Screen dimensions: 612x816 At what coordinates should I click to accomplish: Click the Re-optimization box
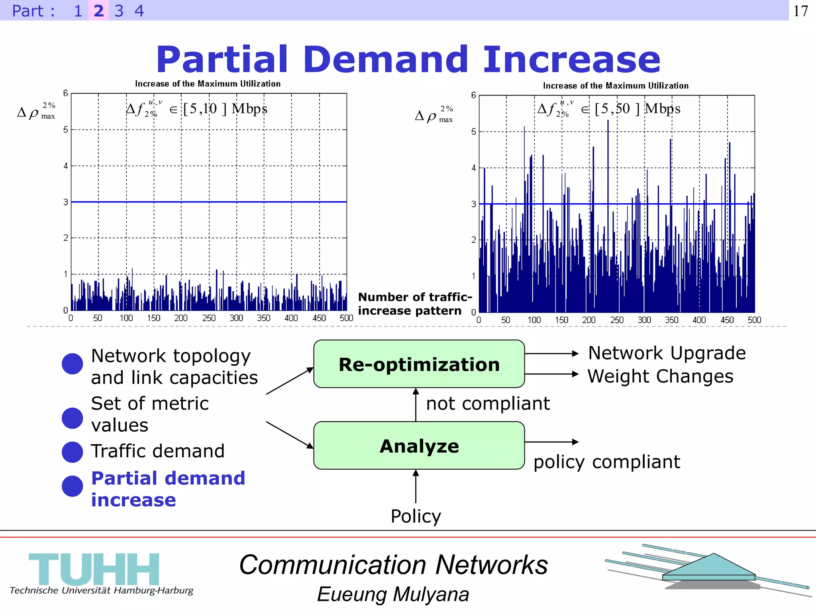click(419, 364)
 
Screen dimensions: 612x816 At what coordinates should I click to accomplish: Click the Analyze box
click(419, 445)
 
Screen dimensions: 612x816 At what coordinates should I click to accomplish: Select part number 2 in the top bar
click(98, 11)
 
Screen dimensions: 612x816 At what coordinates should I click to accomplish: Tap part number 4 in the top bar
click(139, 11)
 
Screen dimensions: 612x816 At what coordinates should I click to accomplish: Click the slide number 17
click(800, 11)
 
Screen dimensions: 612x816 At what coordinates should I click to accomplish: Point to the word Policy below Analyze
click(416, 516)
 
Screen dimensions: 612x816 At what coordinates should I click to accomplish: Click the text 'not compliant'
click(488, 404)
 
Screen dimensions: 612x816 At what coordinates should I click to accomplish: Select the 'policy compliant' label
click(606, 462)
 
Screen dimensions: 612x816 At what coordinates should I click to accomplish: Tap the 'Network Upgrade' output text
click(667, 353)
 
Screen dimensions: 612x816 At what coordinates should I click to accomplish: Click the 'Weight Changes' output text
click(660, 377)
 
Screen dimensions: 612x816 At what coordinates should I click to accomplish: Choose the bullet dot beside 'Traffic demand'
click(73, 452)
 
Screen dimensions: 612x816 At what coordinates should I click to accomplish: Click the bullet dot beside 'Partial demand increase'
click(73, 486)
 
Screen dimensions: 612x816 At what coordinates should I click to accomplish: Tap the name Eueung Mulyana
click(393, 594)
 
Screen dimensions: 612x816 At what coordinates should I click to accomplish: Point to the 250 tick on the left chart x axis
click(208, 318)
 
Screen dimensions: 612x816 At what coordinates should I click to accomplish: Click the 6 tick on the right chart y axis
click(473, 95)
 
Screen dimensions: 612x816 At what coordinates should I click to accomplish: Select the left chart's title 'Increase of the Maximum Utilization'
click(208, 84)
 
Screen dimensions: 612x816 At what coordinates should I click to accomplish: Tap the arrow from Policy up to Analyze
click(416, 486)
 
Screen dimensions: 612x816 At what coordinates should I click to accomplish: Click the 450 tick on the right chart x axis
click(727, 320)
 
